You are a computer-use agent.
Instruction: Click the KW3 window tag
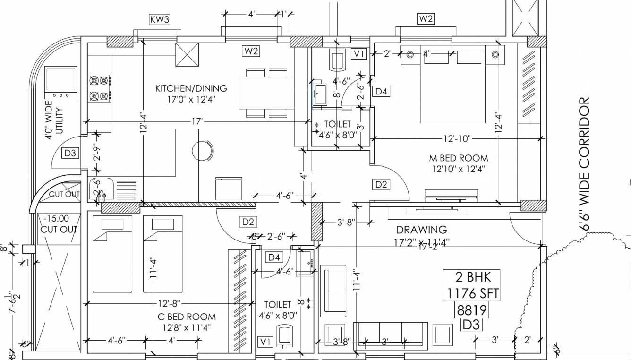pos(159,19)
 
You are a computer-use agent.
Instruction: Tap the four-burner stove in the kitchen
pos(100,88)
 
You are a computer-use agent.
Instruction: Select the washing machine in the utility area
pos(60,83)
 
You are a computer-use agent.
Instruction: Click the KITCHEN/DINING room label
pos(191,88)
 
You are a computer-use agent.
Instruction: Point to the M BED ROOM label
pos(458,158)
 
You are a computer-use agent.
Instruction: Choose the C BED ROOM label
pos(187,317)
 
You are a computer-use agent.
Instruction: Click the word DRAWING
pos(421,230)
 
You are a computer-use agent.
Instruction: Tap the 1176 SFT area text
pos(471,293)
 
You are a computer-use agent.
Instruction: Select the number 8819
pos(471,310)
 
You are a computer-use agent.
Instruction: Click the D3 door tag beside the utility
pos(70,153)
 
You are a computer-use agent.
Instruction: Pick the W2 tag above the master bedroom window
pos(425,19)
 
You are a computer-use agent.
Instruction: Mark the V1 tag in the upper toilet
pos(359,53)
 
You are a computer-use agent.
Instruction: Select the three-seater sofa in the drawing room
pos(390,336)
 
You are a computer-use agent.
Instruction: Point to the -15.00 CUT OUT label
pos(58,224)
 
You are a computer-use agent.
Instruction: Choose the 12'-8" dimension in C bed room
pos(169,303)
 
